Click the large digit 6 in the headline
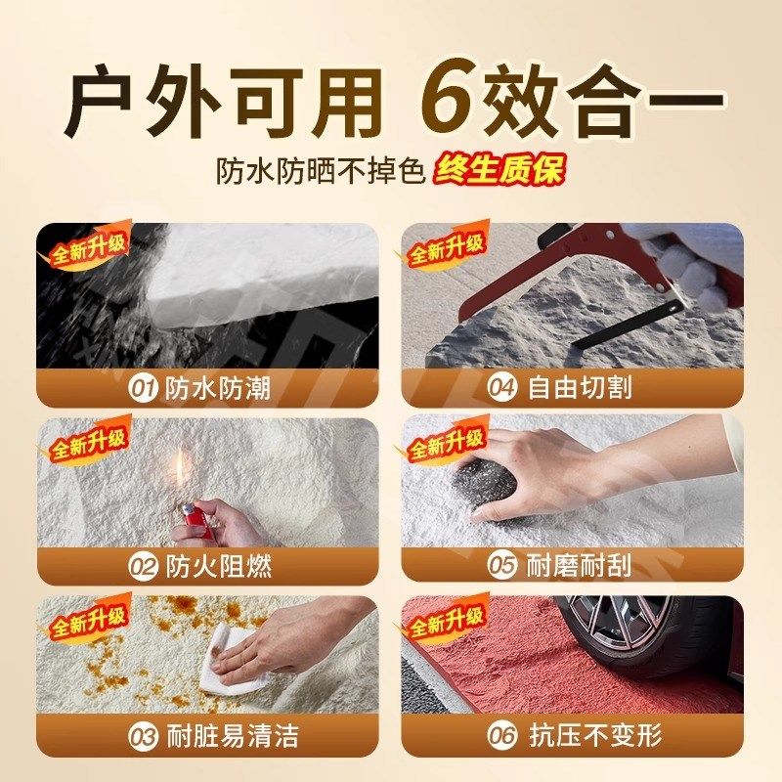[x=458, y=101]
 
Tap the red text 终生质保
[x=500, y=171]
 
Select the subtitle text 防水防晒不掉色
[x=321, y=172]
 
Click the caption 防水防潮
[x=231, y=388]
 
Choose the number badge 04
[x=502, y=388]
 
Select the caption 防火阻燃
[x=232, y=566]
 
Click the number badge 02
[x=144, y=566]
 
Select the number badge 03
[x=144, y=736]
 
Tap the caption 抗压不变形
[x=589, y=736]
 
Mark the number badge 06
[x=502, y=736]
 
